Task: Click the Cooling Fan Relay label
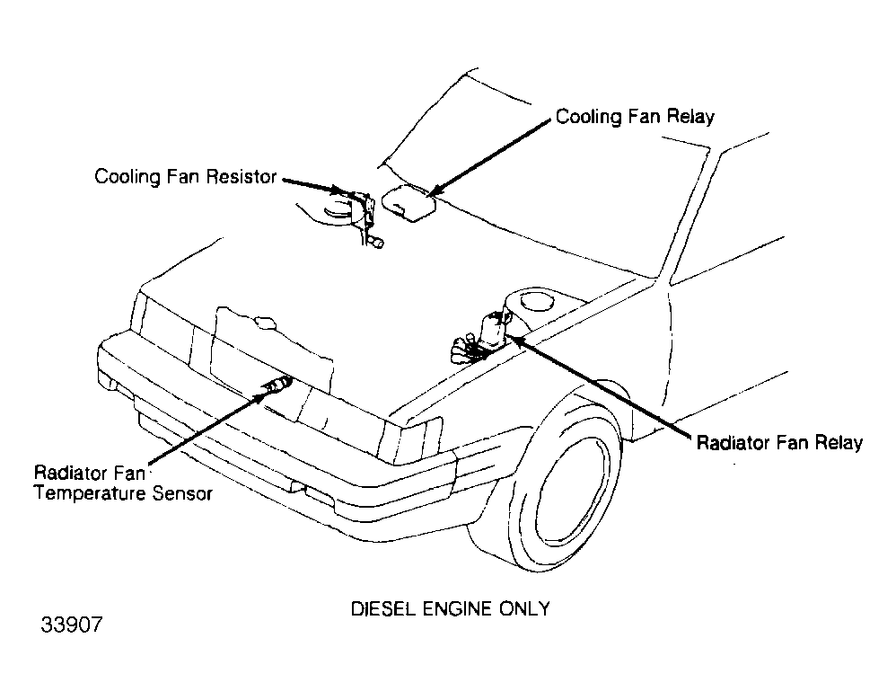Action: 635,117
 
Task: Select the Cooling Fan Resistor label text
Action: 186,177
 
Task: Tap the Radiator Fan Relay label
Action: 779,443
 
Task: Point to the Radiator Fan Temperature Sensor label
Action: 123,483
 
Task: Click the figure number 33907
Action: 72,625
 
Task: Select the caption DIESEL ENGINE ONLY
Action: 451,608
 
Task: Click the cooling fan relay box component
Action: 408,203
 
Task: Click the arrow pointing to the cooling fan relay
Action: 491,156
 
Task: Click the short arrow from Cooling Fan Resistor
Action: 315,186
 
